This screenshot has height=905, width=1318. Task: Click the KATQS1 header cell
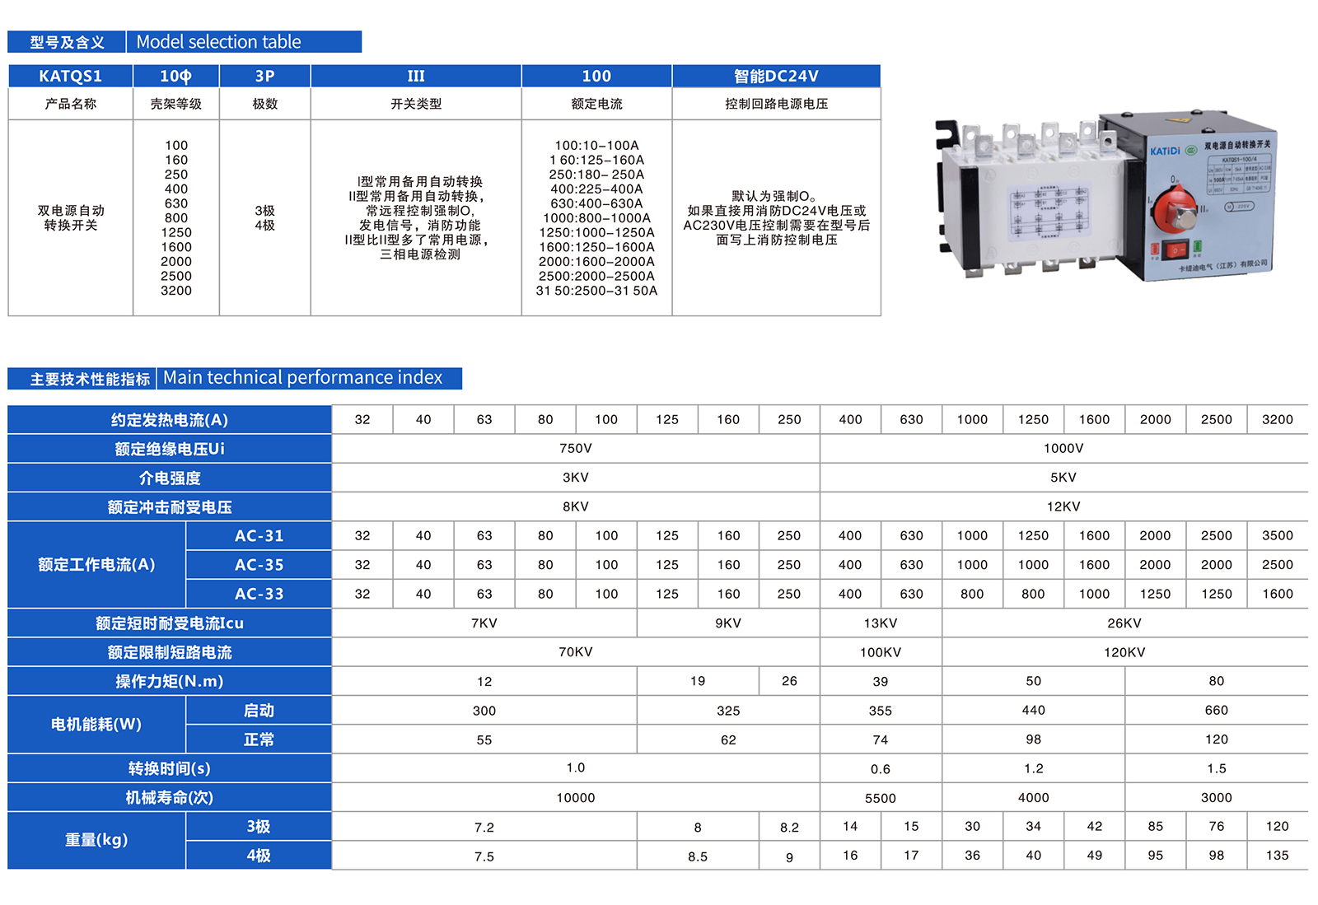point(71,76)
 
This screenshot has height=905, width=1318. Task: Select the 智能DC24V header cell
point(776,76)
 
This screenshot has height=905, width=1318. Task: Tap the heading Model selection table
point(218,42)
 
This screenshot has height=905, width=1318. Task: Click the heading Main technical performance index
point(302,378)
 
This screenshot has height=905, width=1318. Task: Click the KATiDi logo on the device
point(1165,151)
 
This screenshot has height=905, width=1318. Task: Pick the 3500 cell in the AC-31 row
point(1277,535)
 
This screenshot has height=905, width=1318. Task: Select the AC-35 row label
point(259,565)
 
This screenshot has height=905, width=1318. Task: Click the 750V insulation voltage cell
point(575,448)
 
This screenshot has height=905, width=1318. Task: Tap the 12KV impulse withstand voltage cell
point(1063,506)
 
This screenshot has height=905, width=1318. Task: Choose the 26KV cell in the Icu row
point(1124,623)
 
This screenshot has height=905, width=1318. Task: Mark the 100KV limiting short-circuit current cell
point(880,652)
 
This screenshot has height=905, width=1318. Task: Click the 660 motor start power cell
point(1216,710)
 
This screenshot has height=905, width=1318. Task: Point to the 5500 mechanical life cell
point(880,798)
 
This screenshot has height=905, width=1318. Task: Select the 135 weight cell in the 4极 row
point(1277,856)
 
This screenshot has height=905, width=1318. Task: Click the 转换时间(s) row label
point(169,768)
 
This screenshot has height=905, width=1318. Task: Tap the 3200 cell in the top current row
point(1277,419)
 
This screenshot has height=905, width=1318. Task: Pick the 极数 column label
point(264,104)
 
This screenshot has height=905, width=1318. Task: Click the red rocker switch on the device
point(1175,250)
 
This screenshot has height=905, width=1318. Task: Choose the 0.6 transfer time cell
point(880,769)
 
